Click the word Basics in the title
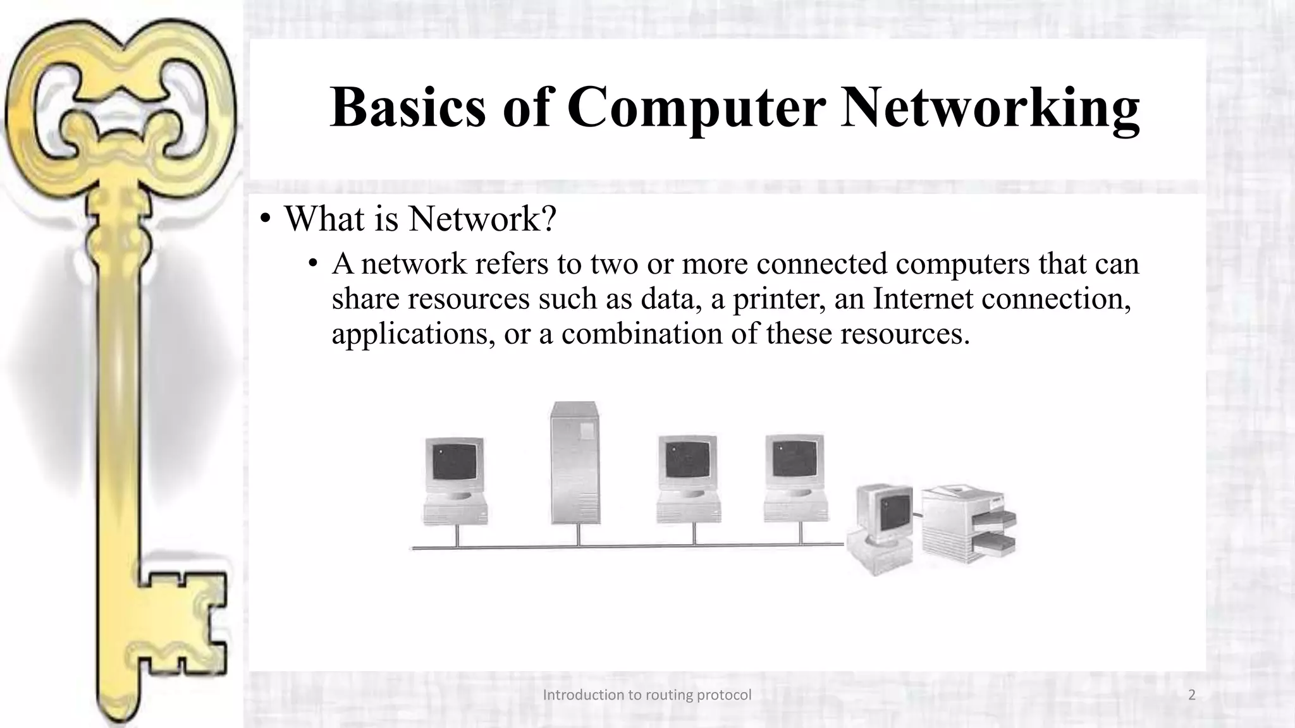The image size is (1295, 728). [x=408, y=107]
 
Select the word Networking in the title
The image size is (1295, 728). [x=990, y=107]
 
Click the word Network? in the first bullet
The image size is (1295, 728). [x=482, y=219]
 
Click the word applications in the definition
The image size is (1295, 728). [x=412, y=334]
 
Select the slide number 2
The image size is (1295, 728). [x=1192, y=695]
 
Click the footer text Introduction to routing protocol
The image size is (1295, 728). [x=647, y=695]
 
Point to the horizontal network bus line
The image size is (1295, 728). [x=626, y=546]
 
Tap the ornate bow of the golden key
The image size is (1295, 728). [x=120, y=101]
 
